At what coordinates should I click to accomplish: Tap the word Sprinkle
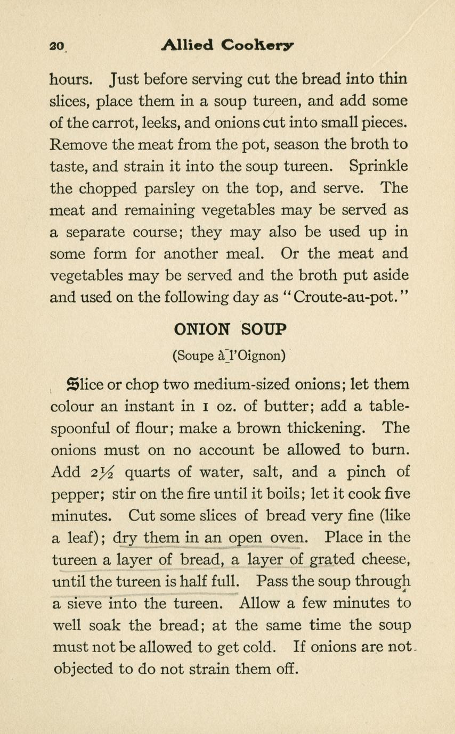coord(378,166)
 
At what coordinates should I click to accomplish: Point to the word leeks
coord(160,122)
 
